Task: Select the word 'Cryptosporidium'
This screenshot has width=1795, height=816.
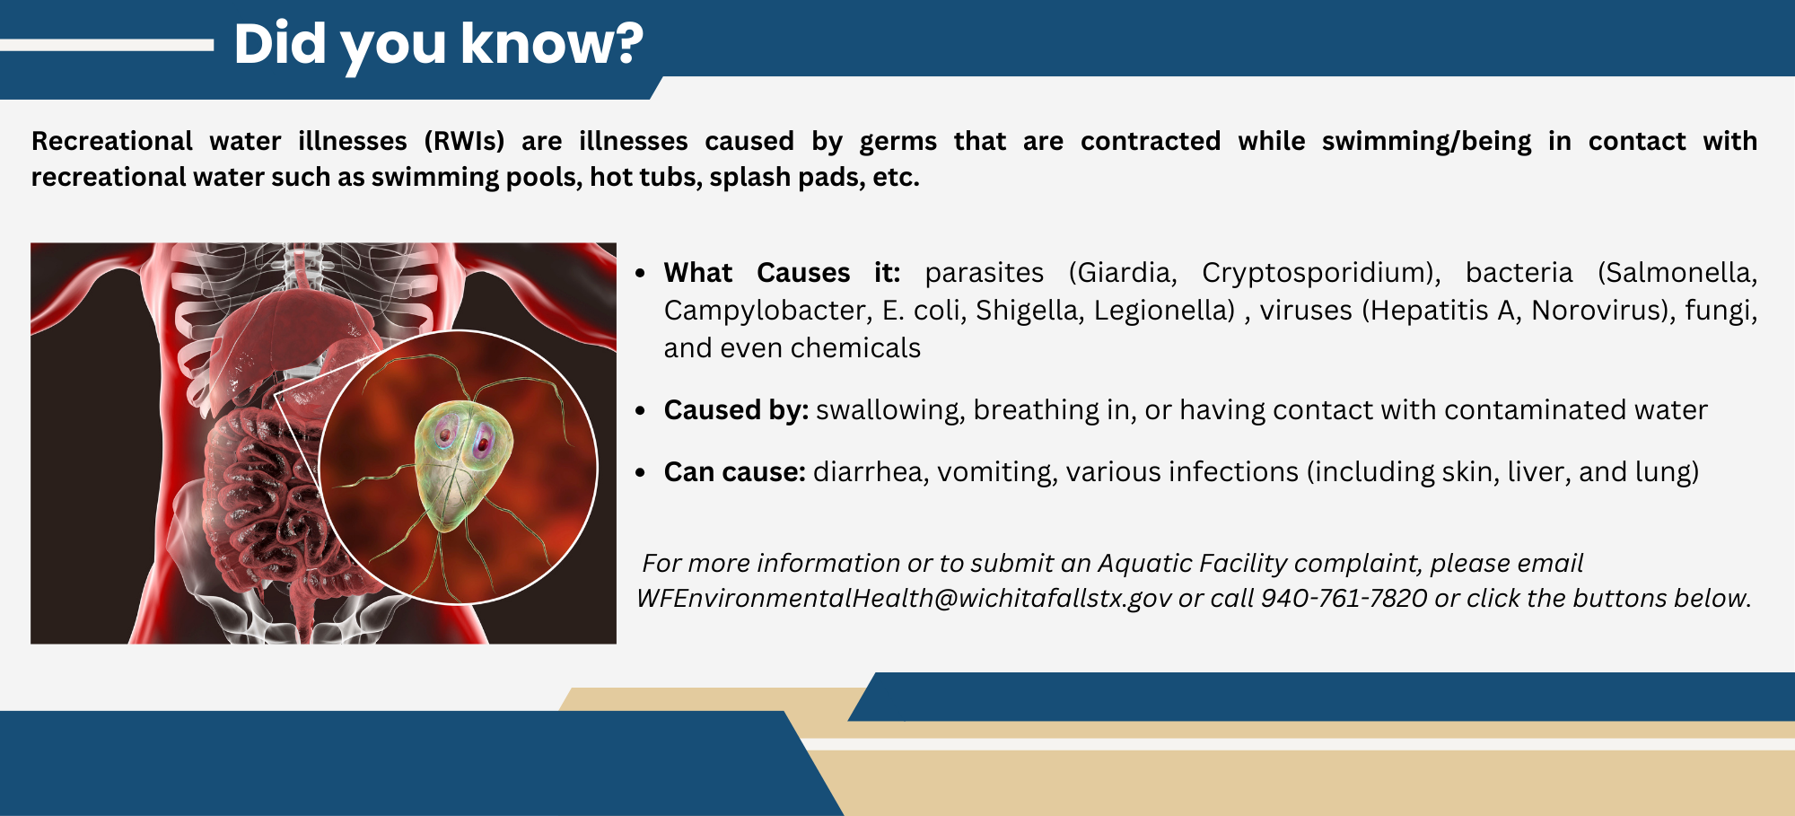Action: (1317, 272)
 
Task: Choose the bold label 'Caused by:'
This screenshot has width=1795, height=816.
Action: (736, 409)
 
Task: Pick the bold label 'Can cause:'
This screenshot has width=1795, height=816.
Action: (734, 471)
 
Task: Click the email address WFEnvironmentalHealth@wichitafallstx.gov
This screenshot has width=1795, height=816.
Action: (904, 598)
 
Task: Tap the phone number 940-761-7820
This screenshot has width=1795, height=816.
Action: (1344, 598)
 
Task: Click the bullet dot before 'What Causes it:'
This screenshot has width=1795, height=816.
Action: (640, 273)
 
